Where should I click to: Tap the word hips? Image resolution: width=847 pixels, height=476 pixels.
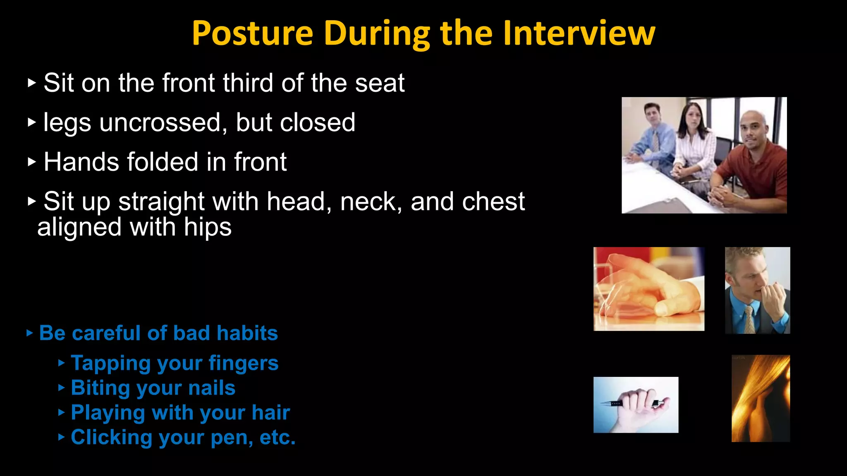pos(208,228)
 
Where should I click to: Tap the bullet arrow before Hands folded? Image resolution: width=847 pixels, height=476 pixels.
pos(32,162)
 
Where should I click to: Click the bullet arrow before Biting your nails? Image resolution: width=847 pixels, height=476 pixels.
pos(62,388)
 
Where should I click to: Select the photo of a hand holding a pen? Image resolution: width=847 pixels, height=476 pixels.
pos(636,405)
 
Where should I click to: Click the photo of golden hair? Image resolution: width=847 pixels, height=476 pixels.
pos(761,398)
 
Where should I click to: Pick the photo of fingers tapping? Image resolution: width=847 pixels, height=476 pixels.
pos(648,289)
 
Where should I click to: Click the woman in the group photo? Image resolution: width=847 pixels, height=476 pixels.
pos(695,140)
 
